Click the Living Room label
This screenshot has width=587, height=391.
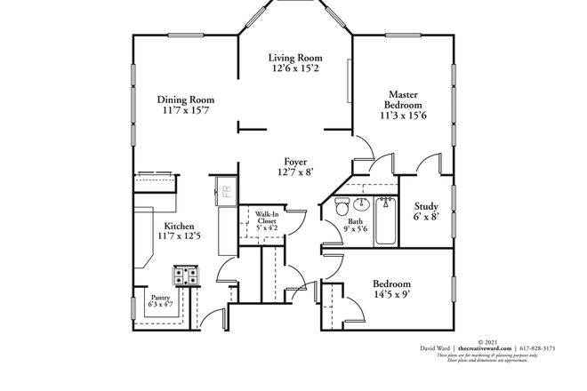pyautogui.click(x=297, y=58)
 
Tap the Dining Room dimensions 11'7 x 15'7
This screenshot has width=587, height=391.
pyautogui.click(x=185, y=111)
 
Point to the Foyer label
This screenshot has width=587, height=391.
pyautogui.click(x=296, y=162)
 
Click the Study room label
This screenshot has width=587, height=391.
pyautogui.click(x=426, y=206)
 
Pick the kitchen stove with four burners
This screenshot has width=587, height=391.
pyautogui.click(x=185, y=275)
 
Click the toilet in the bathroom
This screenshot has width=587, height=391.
pyautogui.click(x=341, y=208)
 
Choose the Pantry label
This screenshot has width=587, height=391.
pyautogui.click(x=160, y=298)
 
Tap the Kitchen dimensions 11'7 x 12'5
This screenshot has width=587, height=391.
pyautogui.click(x=178, y=235)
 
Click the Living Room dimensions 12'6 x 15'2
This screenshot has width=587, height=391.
pyautogui.click(x=297, y=68)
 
